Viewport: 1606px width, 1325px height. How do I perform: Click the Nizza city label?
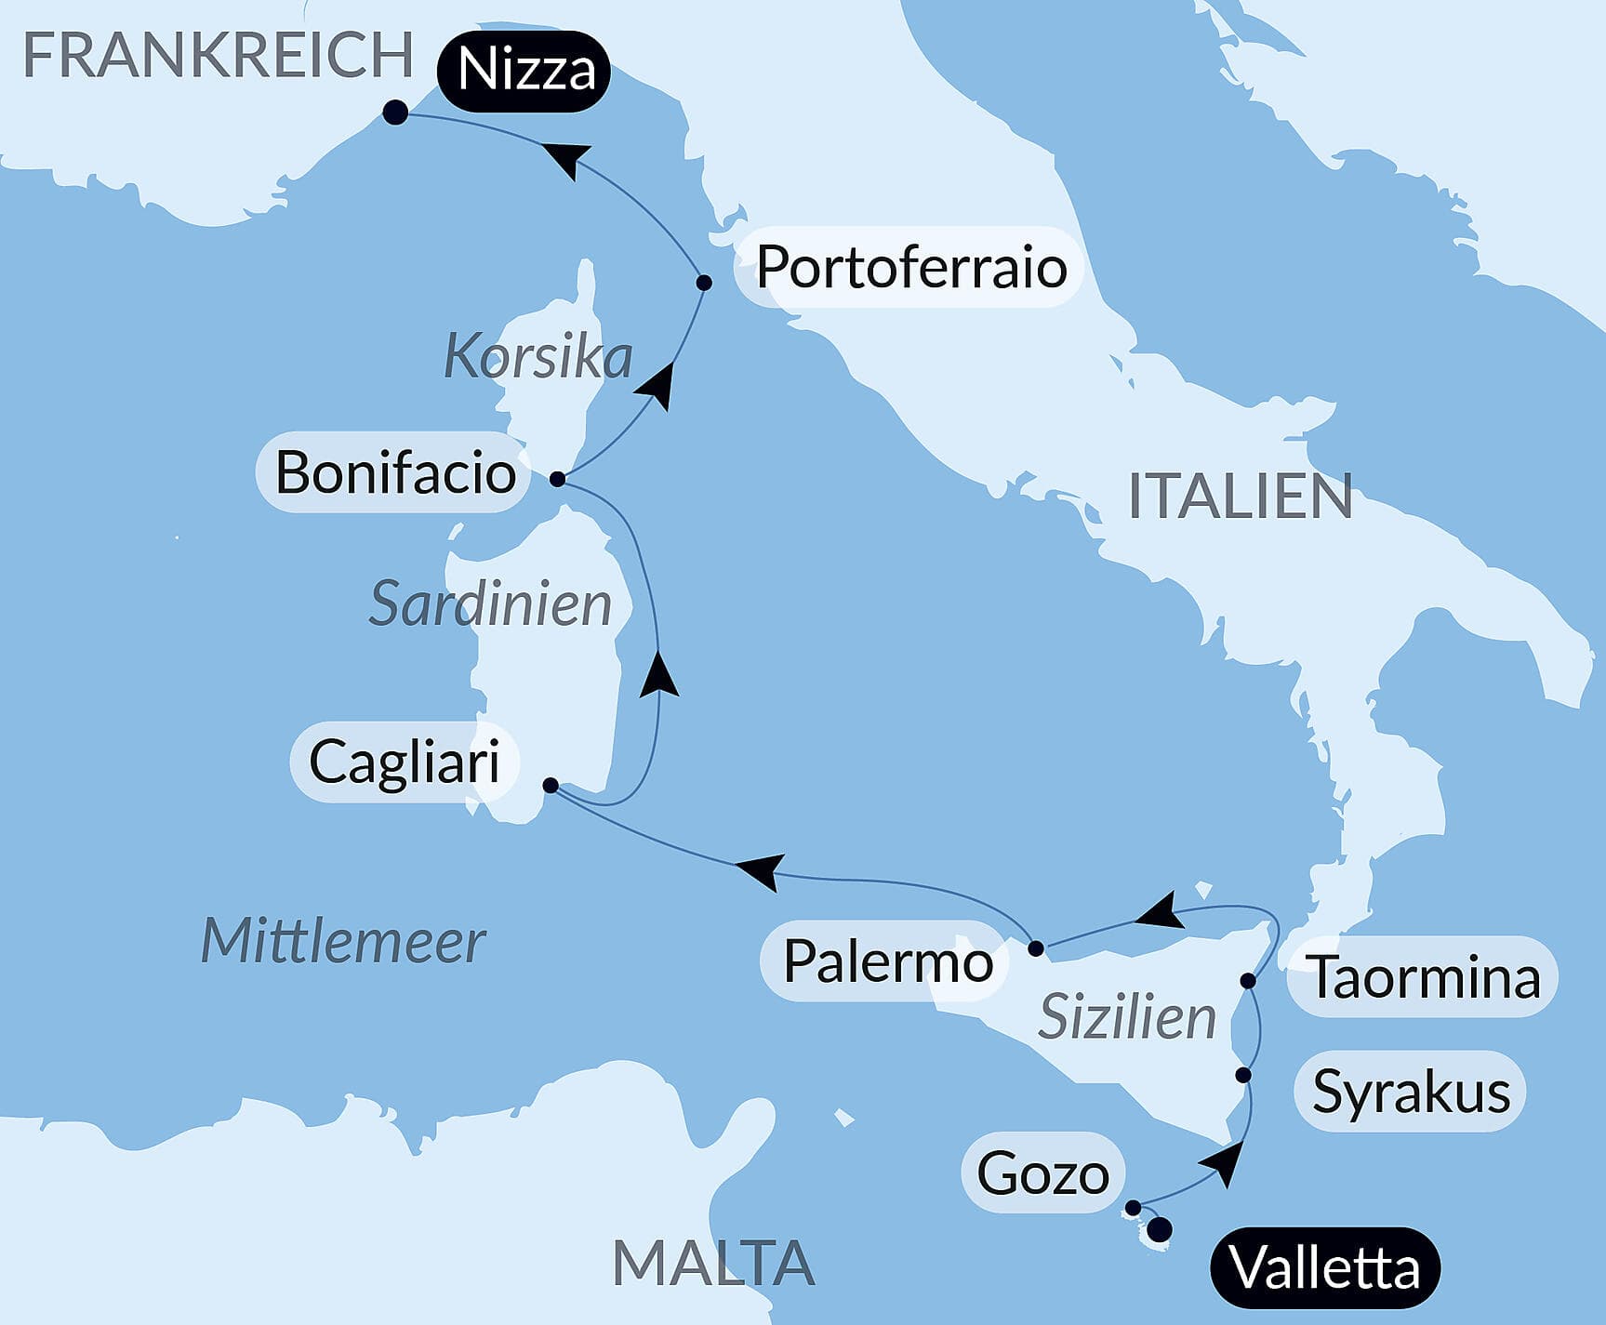pyautogui.click(x=526, y=71)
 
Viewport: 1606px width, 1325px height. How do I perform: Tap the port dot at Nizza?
pyautogui.click(x=395, y=113)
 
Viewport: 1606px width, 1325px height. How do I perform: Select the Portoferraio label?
pyautogui.click(x=910, y=267)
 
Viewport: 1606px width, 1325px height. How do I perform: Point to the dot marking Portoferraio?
pyautogui.click(x=704, y=283)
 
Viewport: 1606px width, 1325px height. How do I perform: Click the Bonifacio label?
pyautogui.click(x=395, y=472)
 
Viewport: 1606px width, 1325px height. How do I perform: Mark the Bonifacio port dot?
pyautogui.click(x=557, y=479)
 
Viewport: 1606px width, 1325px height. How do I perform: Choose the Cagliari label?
pyautogui.click(x=405, y=762)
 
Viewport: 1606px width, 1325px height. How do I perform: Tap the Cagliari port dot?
pyautogui.click(x=551, y=786)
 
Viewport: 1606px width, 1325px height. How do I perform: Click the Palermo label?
pyautogui.click(x=888, y=961)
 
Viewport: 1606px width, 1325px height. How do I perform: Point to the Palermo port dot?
pyautogui.click(x=1036, y=949)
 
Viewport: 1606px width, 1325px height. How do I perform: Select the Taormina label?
pyautogui.click(x=1425, y=977)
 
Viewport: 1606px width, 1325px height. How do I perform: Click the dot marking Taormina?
pyautogui.click(x=1248, y=981)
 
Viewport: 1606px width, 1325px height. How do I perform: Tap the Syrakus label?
pyautogui.click(x=1411, y=1092)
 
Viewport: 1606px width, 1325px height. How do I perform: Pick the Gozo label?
pyautogui.click(x=1042, y=1173)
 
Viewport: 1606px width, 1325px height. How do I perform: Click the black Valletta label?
pyautogui.click(x=1324, y=1267)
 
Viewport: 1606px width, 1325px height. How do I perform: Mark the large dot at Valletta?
pyautogui.click(x=1160, y=1231)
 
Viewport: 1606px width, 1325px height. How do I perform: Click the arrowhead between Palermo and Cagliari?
pyautogui.click(x=758, y=871)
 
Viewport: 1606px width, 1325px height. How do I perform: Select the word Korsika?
pyautogui.click(x=538, y=356)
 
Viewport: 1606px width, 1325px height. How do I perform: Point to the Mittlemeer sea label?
pyautogui.click(x=343, y=941)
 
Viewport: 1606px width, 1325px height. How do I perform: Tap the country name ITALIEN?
pyautogui.click(x=1240, y=496)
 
